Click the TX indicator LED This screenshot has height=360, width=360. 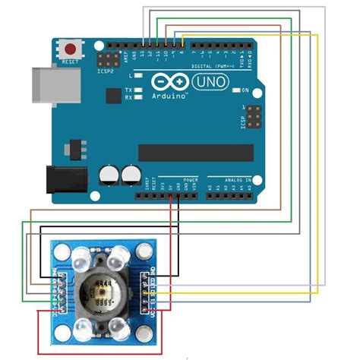click(138, 90)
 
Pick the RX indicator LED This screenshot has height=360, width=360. click(138, 98)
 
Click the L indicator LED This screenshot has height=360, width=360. click(138, 77)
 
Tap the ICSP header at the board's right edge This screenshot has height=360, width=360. click(251, 118)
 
